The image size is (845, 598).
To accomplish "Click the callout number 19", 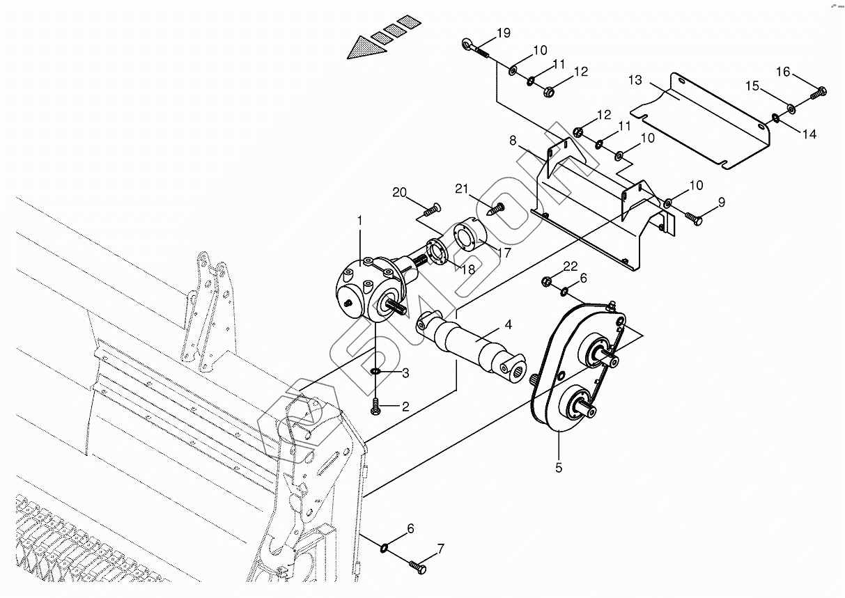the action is pyautogui.click(x=503, y=33).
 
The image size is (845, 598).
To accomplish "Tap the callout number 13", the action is pyautogui.click(x=635, y=80).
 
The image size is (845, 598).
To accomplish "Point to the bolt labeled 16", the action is pyautogui.click(x=819, y=91).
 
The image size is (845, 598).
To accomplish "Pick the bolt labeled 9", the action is pyautogui.click(x=694, y=218).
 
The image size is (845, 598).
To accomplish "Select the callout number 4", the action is pyautogui.click(x=509, y=324).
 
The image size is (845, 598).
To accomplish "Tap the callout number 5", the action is pyautogui.click(x=559, y=468).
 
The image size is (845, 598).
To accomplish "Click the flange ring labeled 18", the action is pyautogui.click(x=436, y=249).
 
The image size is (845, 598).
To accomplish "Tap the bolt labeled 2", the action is pyautogui.click(x=375, y=406).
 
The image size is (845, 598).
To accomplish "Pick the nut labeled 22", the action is pyautogui.click(x=547, y=281).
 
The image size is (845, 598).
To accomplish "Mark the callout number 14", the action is pyautogui.click(x=809, y=135).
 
